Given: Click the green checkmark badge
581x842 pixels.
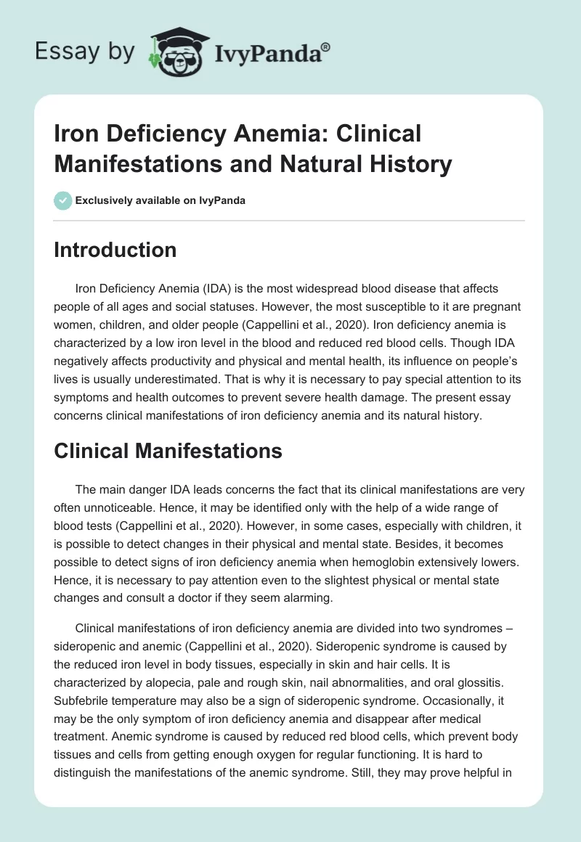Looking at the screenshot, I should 62,201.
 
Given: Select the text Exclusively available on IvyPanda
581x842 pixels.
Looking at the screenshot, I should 161,201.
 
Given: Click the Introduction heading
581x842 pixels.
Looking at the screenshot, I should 115,250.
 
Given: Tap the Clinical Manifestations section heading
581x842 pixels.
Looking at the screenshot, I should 168,451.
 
